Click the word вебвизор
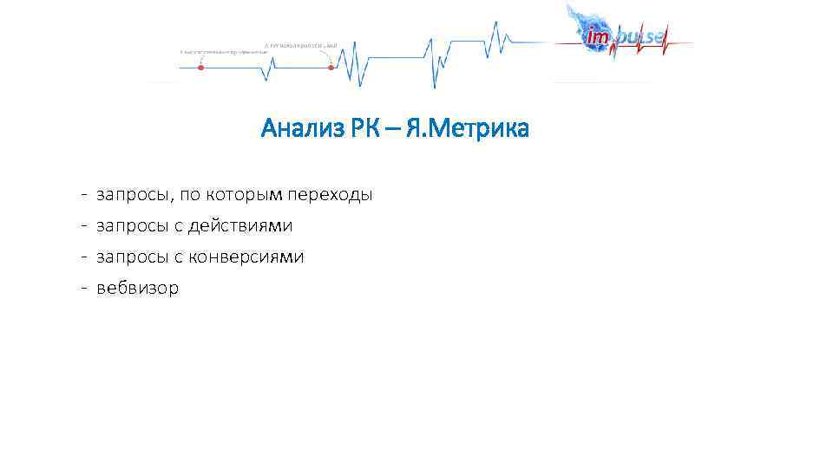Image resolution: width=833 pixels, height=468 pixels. tap(137, 289)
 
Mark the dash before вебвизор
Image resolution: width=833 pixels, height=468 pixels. tap(80, 289)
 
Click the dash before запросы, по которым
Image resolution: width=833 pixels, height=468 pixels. tap(80, 195)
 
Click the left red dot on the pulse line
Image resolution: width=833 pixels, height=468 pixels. tap(200, 67)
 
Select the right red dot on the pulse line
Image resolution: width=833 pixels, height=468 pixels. tap(331, 67)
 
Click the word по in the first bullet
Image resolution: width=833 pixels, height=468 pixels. tap(191, 195)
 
